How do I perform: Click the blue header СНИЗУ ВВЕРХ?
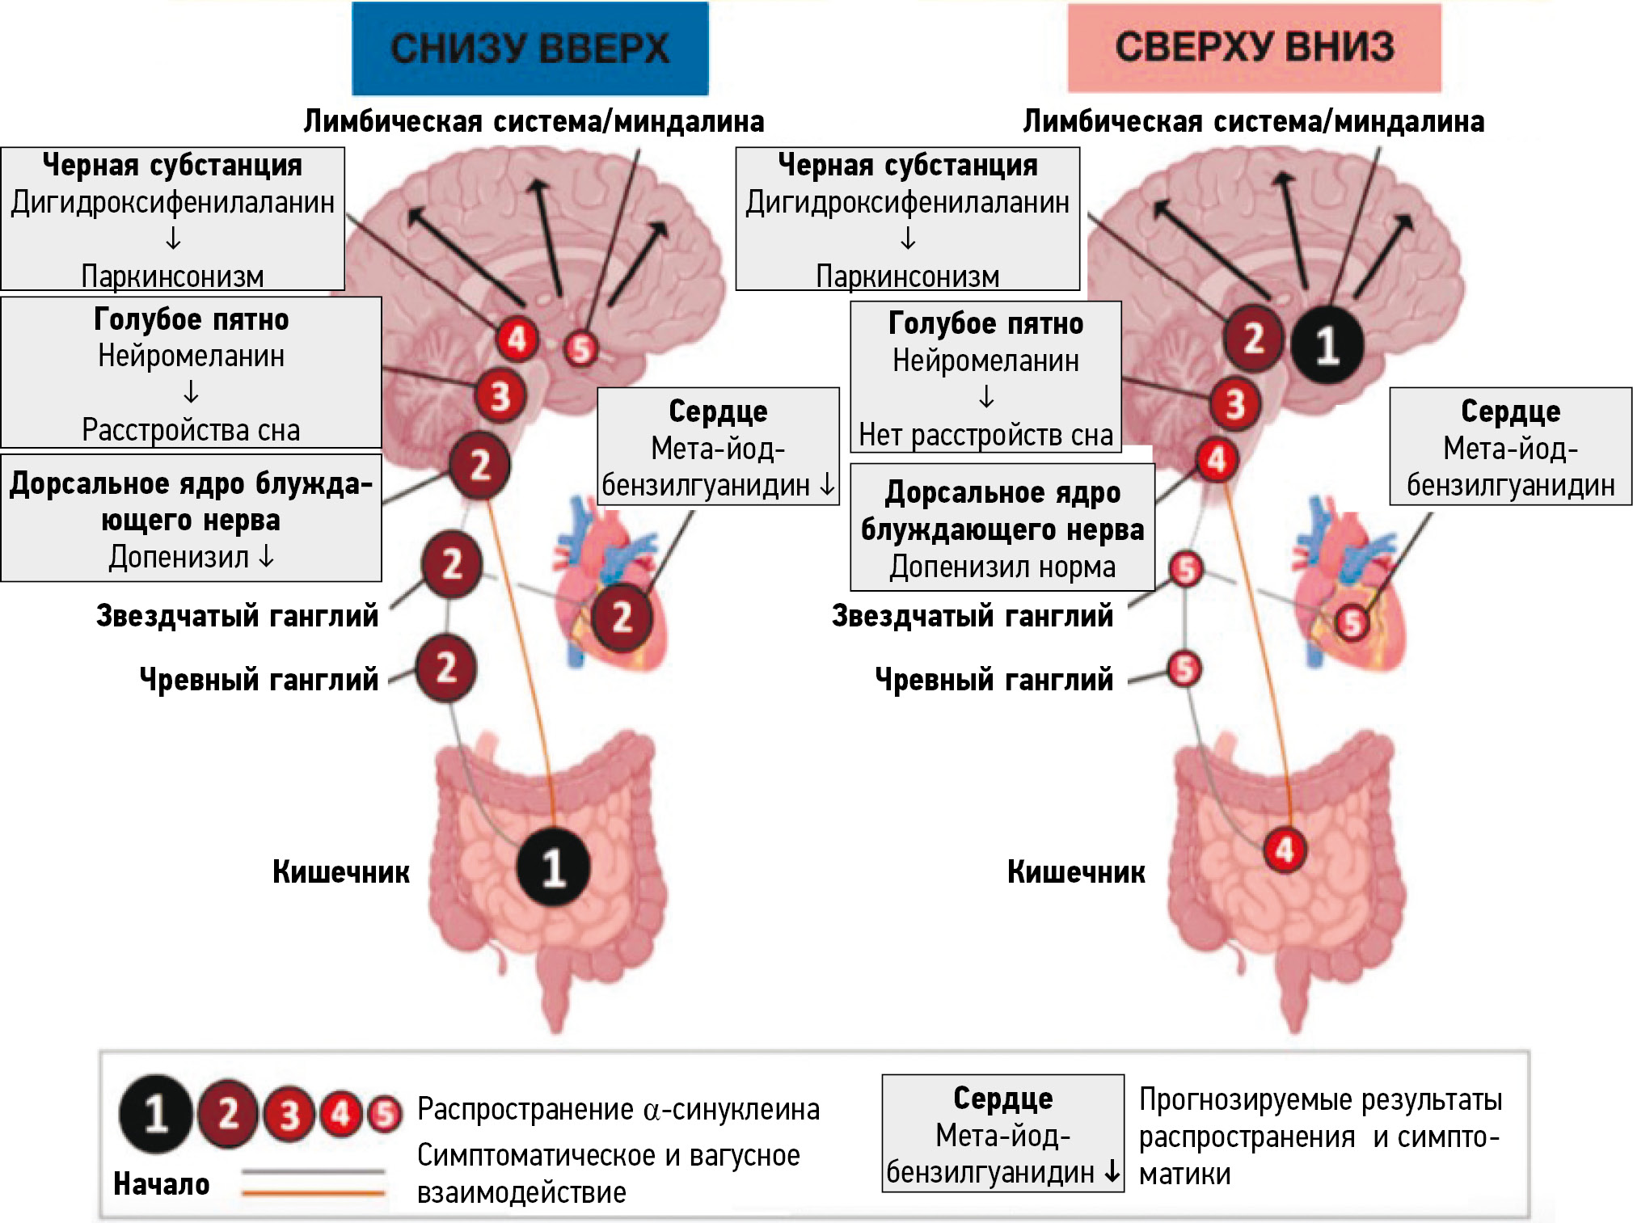[530, 48]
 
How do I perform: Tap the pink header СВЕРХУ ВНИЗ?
[1254, 47]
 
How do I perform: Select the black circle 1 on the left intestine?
[554, 867]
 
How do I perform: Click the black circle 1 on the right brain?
[1327, 345]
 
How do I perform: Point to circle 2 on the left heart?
[622, 618]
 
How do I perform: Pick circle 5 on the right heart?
[1352, 622]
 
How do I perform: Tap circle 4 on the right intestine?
[1285, 850]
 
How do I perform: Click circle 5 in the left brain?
[580, 349]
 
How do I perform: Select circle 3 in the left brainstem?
[500, 396]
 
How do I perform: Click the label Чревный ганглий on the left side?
[259, 680]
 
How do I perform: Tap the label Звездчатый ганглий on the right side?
[973, 616]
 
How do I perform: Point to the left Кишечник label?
[340, 872]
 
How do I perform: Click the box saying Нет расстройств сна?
[985, 377]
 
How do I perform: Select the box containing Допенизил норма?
[1002, 527]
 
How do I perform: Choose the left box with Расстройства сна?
[191, 373]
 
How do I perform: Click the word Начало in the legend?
[162, 1184]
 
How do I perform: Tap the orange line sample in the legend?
[313, 1192]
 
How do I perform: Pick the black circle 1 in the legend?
[156, 1114]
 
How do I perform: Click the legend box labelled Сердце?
[1002, 1133]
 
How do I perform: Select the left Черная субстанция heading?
[172, 166]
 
